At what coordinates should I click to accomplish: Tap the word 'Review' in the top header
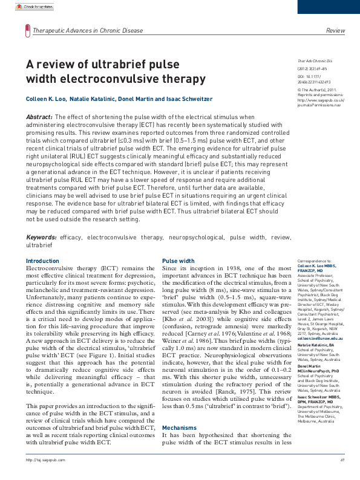tap(335, 30)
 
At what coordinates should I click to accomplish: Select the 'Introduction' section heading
tap(42, 261)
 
